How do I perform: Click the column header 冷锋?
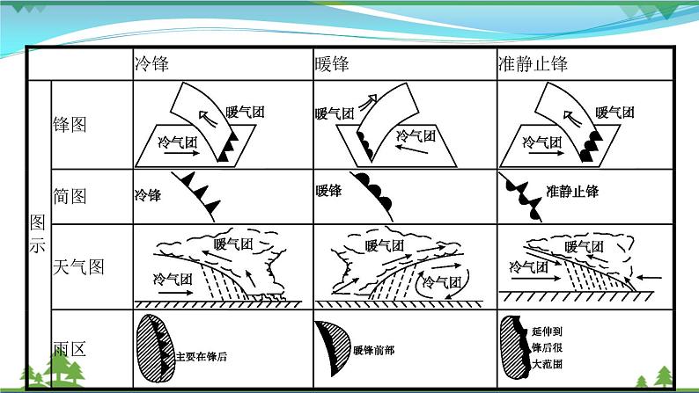tap(151, 63)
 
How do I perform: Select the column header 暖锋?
tap(332, 63)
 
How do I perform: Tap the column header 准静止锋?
tap(533, 63)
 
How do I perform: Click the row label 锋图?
tap(70, 125)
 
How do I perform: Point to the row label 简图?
tap(70, 196)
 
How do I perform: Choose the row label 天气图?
tap(78, 267)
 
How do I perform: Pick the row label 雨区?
tap(70, 349)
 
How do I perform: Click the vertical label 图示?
tap(38, 233)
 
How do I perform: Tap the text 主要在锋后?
tap(202, 356)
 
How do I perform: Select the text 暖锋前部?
tap(373, 350)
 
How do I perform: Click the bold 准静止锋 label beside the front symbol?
tap(572, 192)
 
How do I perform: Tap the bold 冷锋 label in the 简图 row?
tap(148, 195)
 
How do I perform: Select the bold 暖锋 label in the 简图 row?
tap(328, 191)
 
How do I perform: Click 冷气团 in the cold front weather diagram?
tap(173, 279)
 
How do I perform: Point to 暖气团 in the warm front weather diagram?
tap(384, 245)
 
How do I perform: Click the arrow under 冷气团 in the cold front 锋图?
tap(182, 153)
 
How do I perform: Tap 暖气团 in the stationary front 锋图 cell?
tap(615, 113)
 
